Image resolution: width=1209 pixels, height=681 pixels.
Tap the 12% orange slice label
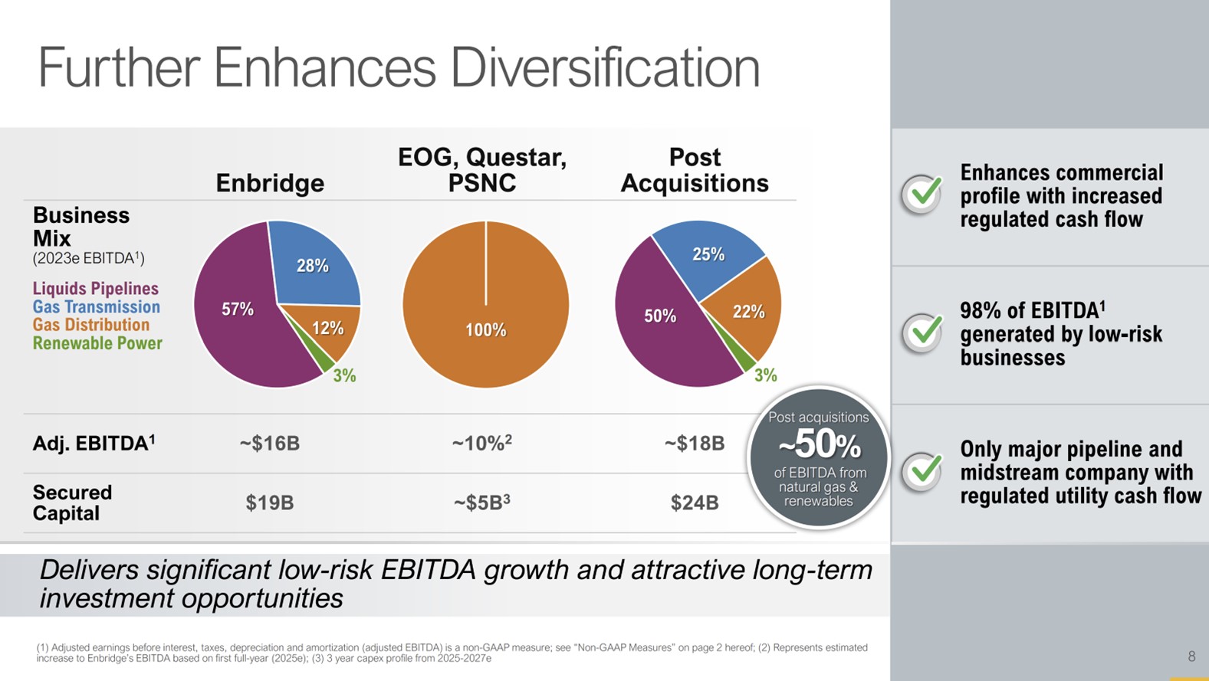click(x=327, y=329)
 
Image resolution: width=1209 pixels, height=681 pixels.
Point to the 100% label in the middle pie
click(x=486, y=330)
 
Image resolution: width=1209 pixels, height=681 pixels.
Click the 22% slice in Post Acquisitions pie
click(x=747, y=312)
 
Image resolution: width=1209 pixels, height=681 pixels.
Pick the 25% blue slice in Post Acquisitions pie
click(x=708, y=254)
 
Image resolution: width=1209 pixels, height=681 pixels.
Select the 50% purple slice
click(x=660, y=316)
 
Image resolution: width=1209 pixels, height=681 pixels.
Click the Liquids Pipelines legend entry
click(x=96, y=289)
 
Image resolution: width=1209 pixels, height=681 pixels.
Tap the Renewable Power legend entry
click(x=97, y=343)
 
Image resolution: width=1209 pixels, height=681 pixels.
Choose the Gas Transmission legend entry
click(x=97, y=307)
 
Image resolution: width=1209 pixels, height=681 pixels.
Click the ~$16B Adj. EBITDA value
click(x=269, y=444)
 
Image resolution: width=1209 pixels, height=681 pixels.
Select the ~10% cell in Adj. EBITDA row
click(x=481, y=443)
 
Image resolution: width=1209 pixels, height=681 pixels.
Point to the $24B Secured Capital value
click(x=695, y=503)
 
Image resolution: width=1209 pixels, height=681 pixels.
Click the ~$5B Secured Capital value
click(x=481, y=503)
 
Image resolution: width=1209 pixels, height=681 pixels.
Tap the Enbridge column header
click(x=270, y=183)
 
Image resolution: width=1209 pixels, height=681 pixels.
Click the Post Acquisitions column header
click(x=695, y=170)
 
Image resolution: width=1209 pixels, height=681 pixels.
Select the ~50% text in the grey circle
click(x=819, y=445)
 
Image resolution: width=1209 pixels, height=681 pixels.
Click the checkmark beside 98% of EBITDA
click(x=922, y=332)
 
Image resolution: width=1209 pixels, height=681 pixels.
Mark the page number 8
click(x=1191, y=656)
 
